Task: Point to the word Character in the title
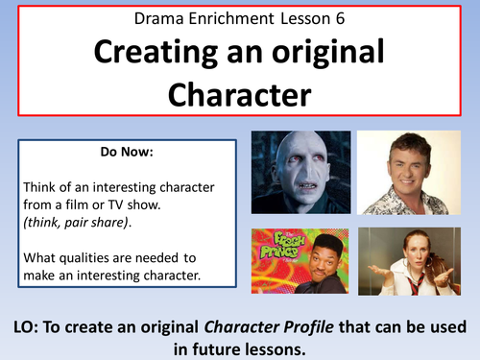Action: tap(240, 94)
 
